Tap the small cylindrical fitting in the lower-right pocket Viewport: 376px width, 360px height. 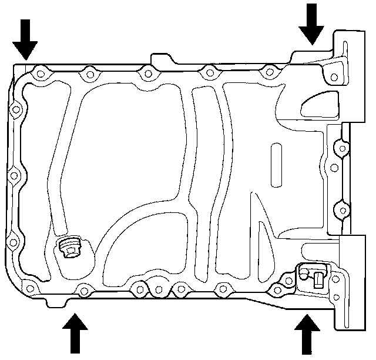[x=317, y=276]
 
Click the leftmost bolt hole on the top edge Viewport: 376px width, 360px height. [x=40, y=74]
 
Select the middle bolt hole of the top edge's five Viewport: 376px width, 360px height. [x=149, y=73]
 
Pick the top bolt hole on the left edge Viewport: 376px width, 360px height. [x=16, y=109]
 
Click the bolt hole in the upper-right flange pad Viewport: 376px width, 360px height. [x=334, y=77]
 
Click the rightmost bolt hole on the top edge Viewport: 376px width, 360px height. [x=269, y=72]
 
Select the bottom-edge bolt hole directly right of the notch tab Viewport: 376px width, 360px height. [x=83, y=290]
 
